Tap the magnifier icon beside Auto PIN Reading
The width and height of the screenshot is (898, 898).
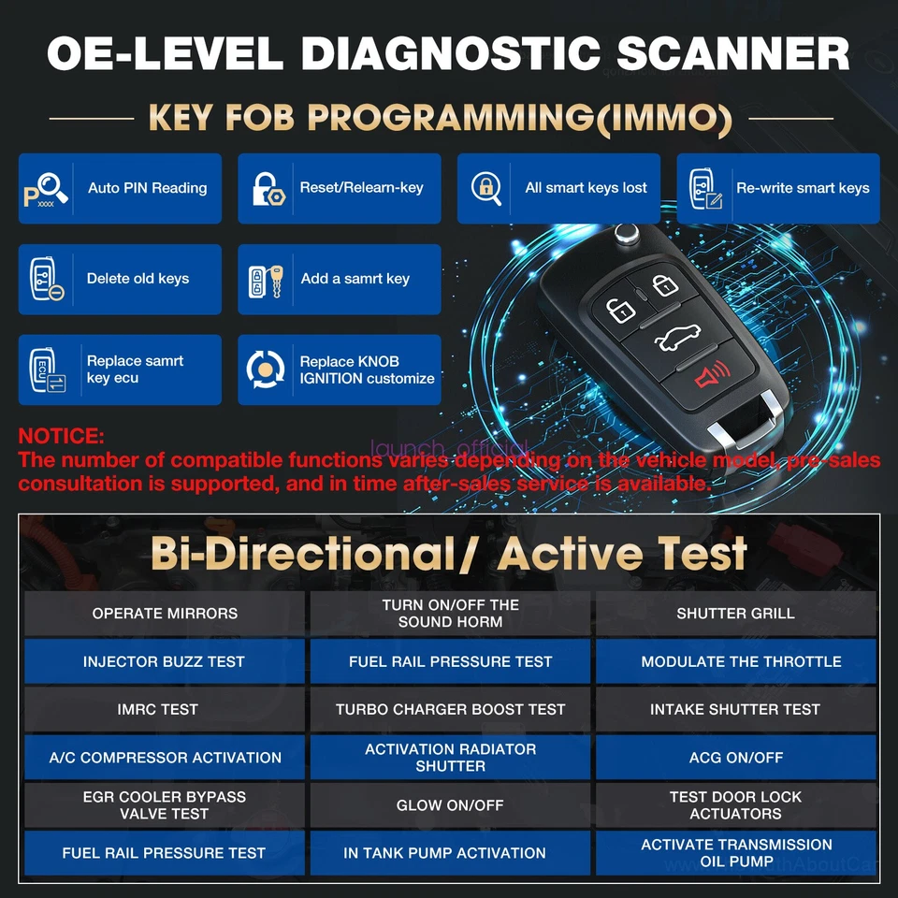[x=47, y=188]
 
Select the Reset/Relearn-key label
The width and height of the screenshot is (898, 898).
[x=361, y=188]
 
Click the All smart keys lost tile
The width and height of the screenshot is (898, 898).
[x=558, y=188]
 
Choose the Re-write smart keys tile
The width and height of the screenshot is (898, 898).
[x=777, y=188]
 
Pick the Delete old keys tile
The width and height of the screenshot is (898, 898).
[x=120, y=279]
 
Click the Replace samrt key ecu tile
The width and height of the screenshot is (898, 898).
[x=120, y=369]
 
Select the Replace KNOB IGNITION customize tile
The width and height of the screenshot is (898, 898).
[x=339, y=369]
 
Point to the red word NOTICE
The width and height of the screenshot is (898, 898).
[x=62, y=436]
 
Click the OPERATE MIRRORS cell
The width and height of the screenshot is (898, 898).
[x=165, y=614]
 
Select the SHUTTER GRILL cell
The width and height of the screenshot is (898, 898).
[x=735, y=614]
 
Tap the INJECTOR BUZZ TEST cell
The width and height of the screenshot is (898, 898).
[x=165, y=661]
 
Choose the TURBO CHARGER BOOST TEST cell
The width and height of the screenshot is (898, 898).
[x=450, y=709]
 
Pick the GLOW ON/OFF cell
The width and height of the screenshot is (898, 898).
[x=450, y=805]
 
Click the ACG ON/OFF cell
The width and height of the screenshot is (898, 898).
[x=735, y=758]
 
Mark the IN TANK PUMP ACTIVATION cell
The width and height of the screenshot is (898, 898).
[x=450, y=853]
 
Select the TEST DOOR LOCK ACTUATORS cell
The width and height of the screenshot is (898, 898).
[x=735, y=805]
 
